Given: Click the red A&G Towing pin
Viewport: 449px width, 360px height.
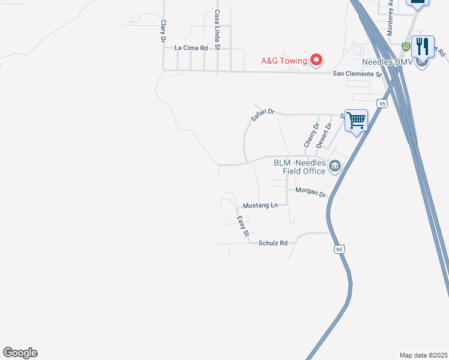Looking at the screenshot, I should [x=316, y=59].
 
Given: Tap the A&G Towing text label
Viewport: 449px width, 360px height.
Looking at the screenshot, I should [x=283, y=61].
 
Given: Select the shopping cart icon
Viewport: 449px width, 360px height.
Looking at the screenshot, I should [x=356, y=121].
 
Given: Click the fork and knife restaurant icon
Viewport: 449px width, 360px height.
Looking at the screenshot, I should [x=423, y=46].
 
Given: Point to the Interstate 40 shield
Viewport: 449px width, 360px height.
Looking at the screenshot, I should [x=406, y=46].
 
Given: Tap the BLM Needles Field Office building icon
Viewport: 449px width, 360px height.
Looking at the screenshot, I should [x=335, y=167].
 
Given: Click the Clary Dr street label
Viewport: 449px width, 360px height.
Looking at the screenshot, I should [x=162, y=31].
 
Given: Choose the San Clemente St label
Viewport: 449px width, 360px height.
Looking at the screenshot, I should [x=357, y=74].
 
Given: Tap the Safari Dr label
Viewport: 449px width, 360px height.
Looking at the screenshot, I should [x=262, y=115].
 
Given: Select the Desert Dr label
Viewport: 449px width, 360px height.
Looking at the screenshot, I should [x=324, y=136].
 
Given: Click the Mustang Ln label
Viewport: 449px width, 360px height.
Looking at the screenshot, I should [x=260, y=205].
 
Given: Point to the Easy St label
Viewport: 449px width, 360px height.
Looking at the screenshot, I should [x=242, y=226].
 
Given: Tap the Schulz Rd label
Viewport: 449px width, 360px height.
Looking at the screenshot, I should [x=273, y=243].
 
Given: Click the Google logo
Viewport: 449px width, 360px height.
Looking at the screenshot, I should [x=20, y=353].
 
